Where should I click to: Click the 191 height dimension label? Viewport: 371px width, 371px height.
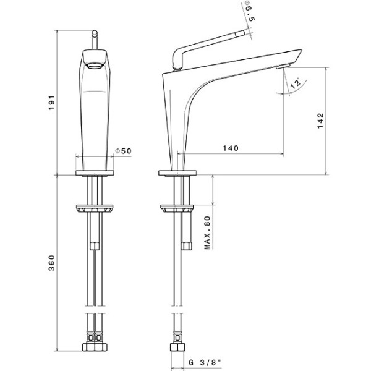pos(52,103)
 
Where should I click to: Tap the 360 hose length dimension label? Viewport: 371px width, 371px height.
pos(51,263)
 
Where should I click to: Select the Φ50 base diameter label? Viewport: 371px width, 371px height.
pos(123,151)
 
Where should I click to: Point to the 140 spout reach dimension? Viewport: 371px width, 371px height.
pos(231,148)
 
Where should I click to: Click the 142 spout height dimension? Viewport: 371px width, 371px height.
pos(320,121)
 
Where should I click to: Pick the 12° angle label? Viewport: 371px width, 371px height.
pos(295,83)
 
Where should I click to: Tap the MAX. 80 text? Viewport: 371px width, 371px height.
pos(207,232)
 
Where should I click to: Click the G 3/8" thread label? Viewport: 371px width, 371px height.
pos(205,362)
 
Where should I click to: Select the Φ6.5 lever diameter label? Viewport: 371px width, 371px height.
pos(250,11)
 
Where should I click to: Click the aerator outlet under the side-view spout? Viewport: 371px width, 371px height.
pos(283,67)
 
